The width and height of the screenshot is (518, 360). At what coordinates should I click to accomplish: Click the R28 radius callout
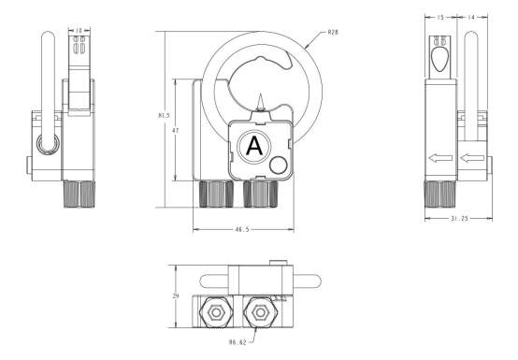tap(333, 33)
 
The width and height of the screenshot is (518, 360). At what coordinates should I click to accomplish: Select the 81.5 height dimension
tap(164, 115)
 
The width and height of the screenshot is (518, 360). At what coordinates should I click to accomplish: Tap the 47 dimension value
tap(176, 131)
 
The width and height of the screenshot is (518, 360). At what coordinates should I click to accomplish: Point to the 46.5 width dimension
tap(242, 229)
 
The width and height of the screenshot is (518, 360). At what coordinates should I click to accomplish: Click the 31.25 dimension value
tap(459, 218)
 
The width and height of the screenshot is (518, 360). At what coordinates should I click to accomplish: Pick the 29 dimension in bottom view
tap(176, 295)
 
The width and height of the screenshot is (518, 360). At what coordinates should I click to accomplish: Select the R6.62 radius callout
tap(237, 342)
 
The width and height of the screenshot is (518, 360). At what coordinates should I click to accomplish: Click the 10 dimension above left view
tap(79, 31)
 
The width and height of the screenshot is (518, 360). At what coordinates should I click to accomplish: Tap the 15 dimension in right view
tap(440, 17)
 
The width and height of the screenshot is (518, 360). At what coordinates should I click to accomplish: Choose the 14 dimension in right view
tap(471, 17)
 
